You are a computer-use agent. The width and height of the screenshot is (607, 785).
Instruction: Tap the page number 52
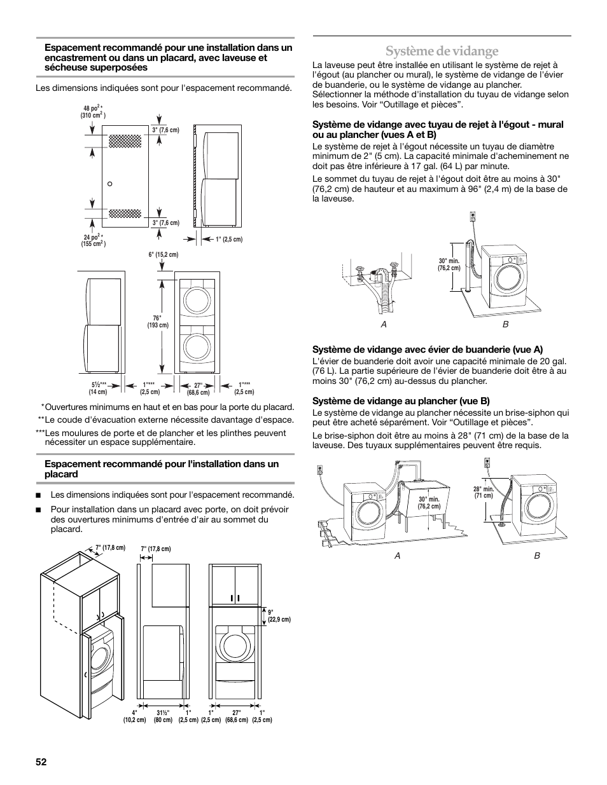click(42, 761)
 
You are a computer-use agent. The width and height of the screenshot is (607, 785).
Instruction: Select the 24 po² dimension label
click(93, 240)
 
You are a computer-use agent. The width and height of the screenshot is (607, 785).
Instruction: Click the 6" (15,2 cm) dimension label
click(163, 255)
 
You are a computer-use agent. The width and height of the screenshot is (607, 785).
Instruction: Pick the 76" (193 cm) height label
click(157, 322)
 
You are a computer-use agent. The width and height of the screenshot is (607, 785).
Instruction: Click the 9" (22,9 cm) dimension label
click(279, 616)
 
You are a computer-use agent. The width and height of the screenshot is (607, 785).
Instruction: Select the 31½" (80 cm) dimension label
click(163, 716)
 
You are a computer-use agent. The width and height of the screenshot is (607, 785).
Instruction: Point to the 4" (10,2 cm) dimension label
click(134, 716)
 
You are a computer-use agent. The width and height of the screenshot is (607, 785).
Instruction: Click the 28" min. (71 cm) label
click(484, 492)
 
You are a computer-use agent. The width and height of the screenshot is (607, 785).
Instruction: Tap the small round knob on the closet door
click(109, 184)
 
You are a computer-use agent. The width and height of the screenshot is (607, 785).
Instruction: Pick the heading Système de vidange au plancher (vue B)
click(401, 401)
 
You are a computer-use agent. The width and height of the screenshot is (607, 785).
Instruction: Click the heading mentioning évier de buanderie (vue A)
click(427, 349)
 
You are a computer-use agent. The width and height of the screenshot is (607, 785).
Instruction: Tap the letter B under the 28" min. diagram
click(537, 556)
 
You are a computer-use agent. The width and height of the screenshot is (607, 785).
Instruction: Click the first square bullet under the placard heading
click(39, 495)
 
